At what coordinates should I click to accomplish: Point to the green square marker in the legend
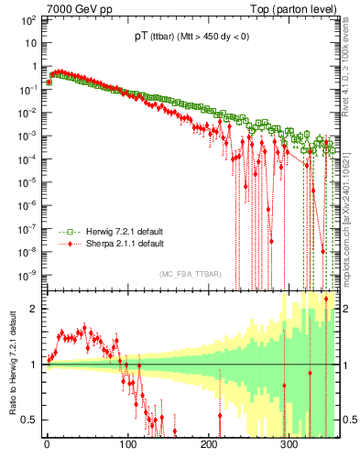[64, 232]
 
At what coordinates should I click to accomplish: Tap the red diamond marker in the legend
[64, 244]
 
